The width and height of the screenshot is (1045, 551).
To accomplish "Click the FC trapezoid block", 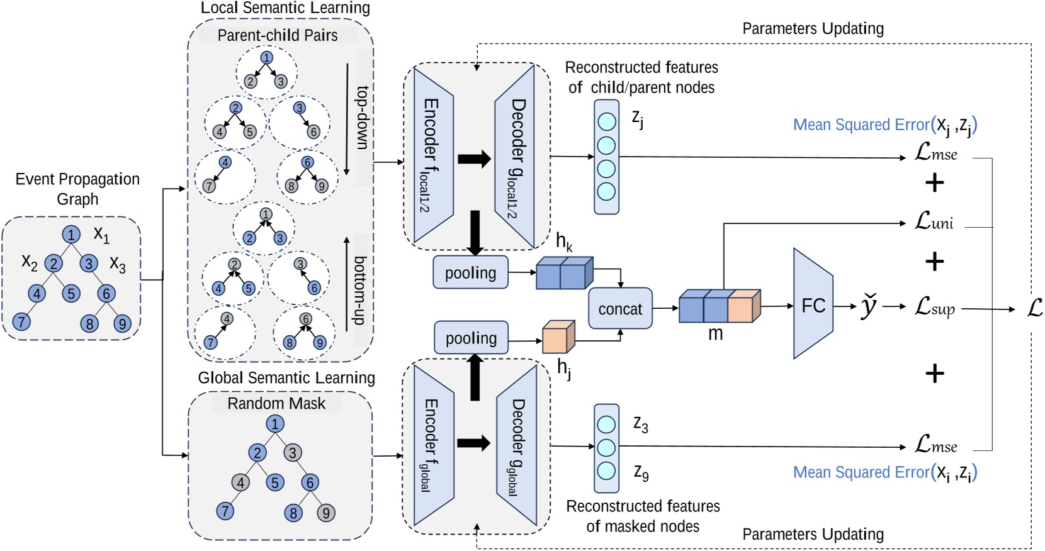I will [813, 304].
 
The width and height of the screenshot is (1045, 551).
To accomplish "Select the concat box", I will [620, 309].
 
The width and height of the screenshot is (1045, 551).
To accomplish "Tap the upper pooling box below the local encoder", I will [470, 272].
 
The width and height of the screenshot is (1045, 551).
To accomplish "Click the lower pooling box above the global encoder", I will [471, 338].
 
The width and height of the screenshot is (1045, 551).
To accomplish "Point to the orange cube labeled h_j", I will [558, 337].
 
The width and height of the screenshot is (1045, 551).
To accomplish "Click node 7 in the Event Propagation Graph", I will [21, 322].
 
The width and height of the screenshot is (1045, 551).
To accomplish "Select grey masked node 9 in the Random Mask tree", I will [325, 513].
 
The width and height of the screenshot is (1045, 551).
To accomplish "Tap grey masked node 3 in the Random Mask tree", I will [292, 452].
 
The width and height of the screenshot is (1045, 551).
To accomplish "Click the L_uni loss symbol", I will [934, 221].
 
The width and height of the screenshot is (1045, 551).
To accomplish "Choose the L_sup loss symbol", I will [935, 307].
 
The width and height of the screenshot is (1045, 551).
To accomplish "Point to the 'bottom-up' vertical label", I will [360, 291].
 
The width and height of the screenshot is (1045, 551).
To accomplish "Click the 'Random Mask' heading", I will [276, 403].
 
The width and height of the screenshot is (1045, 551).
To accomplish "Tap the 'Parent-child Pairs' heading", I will [277, 35].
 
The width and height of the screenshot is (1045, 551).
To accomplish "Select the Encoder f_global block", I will [433, 445].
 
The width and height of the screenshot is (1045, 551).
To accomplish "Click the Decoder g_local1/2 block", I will [515, 157].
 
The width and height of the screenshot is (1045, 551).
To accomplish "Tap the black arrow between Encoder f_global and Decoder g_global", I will [473, 443].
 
